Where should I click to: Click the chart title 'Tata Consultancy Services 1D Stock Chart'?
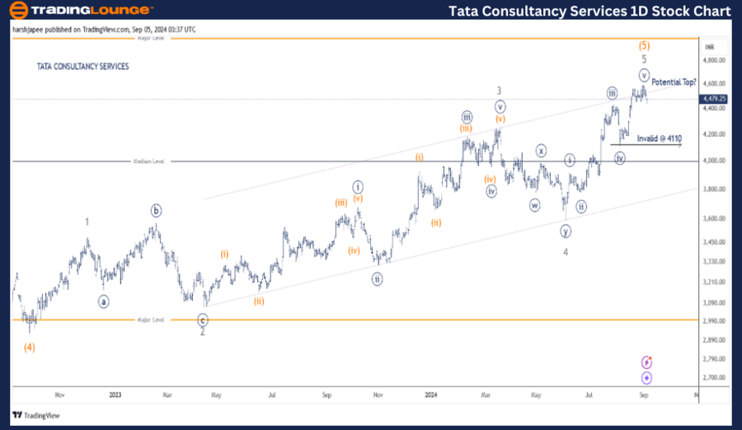[589, 11]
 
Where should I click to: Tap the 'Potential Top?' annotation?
[674, 82]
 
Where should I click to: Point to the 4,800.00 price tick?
[713, 60]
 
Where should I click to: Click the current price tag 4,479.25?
[714, 99]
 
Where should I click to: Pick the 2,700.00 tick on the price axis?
[713, 377]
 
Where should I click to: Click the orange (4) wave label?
[29, 347]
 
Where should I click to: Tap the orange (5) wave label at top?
[645, 45]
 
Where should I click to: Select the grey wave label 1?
[88, 222]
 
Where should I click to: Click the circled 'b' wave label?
[156, 210]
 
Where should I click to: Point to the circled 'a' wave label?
[104, 301]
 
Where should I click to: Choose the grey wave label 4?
[566, 252]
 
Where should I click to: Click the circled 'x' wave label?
[541, 150]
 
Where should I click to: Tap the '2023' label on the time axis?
[115, 395]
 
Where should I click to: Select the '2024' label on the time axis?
[430, 395]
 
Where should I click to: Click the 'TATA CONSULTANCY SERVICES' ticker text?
[82, 67]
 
